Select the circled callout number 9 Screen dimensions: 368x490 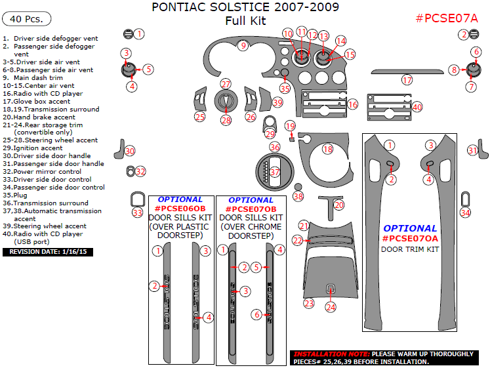point(243,45)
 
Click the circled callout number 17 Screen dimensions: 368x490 point(407,81)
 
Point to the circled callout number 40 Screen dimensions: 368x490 point(417,106)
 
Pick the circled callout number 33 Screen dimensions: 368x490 point(137,213)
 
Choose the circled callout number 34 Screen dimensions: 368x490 point(465,213)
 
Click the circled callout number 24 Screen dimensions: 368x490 point(331,307)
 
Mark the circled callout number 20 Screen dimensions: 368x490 point(339,205)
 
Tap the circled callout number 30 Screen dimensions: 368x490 point(130,152)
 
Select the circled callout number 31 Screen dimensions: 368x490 point(472,151)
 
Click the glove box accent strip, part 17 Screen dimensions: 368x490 point(396,72)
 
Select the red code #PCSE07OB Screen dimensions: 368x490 point(251,209)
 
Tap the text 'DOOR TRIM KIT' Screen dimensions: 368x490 point(410,249)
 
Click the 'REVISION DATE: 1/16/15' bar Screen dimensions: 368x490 point(48,251)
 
